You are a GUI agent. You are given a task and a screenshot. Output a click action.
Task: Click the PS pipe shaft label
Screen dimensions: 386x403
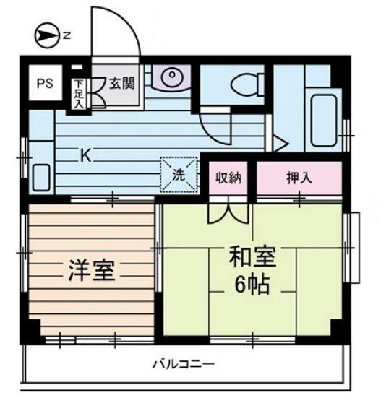(45, 83)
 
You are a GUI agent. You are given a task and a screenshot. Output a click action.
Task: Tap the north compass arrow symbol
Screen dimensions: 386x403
(46, 35)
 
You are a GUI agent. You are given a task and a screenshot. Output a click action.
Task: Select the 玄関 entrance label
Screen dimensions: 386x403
(122, 83)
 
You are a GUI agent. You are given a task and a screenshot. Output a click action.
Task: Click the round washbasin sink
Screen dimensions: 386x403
(171, 76)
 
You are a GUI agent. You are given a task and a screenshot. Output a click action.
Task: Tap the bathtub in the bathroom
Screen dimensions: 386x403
(324, 121)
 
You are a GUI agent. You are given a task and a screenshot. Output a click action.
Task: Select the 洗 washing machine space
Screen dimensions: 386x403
(179, 175)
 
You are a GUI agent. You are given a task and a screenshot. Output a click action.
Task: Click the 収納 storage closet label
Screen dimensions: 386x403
(228, 178)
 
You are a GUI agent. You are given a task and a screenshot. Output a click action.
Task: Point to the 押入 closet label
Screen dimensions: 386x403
(299, 178)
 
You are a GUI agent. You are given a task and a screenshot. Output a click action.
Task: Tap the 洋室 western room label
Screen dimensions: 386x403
(91, 270)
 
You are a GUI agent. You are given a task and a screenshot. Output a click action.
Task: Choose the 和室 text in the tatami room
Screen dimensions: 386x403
(252, 256)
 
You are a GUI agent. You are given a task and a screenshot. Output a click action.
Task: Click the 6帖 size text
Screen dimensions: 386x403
(252, 285)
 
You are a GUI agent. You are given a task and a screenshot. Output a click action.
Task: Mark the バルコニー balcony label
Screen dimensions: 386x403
(184, 364)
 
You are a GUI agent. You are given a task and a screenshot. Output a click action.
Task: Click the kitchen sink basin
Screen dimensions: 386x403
(41, 178)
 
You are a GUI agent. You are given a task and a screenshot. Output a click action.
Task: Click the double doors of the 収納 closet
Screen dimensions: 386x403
(228, 210)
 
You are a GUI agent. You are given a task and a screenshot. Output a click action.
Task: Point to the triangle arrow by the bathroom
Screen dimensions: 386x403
(280, 144)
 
